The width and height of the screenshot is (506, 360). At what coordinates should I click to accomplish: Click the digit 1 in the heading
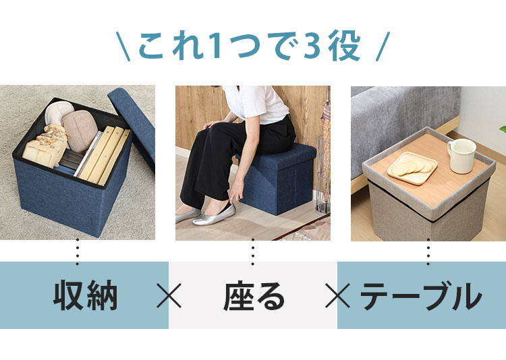[215, 46]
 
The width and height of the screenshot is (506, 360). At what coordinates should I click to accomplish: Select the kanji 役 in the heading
[345, 46]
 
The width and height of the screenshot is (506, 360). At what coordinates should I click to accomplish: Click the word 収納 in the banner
[85, 295]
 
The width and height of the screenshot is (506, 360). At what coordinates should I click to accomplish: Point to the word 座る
[254, 296]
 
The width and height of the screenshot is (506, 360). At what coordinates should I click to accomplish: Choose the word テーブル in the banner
[421, 296]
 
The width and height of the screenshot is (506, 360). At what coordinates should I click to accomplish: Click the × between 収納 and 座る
[169, 295]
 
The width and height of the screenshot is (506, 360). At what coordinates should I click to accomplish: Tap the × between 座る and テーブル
[337, 295]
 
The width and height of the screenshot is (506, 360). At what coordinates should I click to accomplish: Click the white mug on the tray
[461, 156]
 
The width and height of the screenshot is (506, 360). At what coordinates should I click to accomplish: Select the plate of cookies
[412, 168]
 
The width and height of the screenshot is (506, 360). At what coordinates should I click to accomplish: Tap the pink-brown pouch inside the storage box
[80, 130]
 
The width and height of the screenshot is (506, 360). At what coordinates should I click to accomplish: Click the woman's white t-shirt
[256, 103]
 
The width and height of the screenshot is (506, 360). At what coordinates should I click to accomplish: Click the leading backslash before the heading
[123, 47]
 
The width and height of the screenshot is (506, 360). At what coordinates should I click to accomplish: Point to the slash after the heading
[383, 47]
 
